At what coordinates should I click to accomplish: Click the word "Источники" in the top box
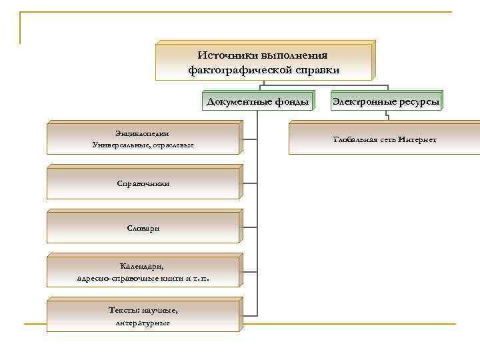226,55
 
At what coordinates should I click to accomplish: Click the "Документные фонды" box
257,102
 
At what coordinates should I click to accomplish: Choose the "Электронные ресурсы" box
386,102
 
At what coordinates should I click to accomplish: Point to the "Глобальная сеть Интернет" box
385,139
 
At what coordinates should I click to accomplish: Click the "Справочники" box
143,183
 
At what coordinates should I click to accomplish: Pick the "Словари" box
143,228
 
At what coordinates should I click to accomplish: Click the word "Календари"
143,267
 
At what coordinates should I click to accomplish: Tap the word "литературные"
143,323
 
